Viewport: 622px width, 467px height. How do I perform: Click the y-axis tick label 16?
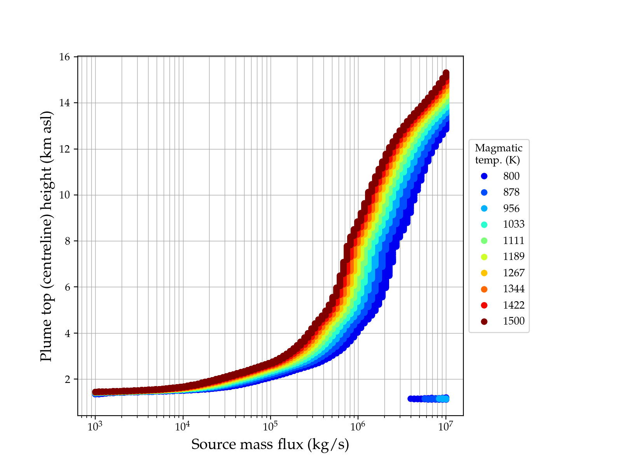pos(65,57)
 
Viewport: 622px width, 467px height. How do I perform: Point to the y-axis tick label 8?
pos(67,241)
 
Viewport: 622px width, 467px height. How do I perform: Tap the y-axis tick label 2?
pos(67,379)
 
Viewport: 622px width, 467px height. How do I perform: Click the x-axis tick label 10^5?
pos(270,427)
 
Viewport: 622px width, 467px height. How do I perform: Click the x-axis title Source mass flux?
pos(270,444)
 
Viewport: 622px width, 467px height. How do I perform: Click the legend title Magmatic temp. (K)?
pos(498,154)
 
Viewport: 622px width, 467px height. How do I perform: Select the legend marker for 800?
pos(484,176)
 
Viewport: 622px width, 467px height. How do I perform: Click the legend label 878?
pos(511,192)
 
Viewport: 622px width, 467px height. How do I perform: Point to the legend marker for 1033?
pos(484,225)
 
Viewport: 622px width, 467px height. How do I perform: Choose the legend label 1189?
pos(514,256)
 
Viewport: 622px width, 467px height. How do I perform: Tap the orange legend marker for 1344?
pos(484,289)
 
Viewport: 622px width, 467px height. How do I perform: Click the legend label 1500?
pos(514,321)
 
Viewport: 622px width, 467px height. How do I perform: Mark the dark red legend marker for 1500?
pos(484,321)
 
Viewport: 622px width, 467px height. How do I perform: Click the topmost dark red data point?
pos(446,73)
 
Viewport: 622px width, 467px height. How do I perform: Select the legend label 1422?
pos(514,305)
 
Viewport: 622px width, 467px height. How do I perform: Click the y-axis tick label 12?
pos(65,149)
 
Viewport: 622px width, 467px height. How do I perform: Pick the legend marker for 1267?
pos(484,273)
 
